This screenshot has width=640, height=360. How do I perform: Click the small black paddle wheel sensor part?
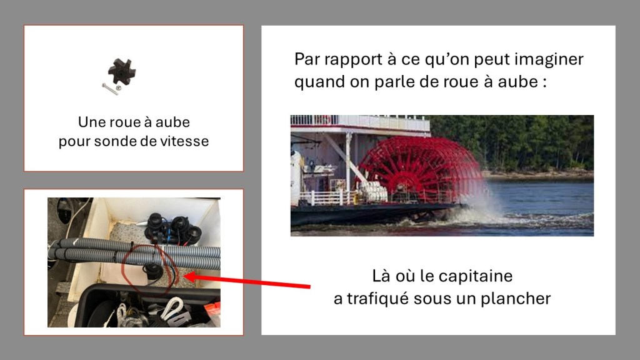122,71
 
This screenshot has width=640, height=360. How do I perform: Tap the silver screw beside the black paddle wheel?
110,89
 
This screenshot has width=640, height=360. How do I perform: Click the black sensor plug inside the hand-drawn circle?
152,271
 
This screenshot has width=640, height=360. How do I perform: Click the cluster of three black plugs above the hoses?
172,229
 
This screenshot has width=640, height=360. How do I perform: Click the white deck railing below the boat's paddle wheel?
326,198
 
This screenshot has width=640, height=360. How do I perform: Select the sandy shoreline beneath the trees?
538,175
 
